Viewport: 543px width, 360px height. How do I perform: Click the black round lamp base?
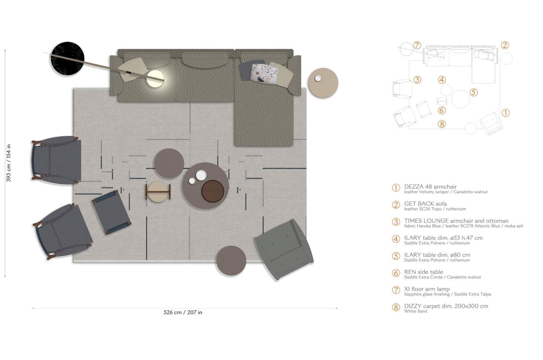[67, 59]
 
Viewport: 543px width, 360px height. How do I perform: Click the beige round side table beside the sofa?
[323, 83]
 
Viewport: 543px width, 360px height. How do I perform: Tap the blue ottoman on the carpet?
[111, 212]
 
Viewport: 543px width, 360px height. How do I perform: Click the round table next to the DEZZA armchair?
[231, 261]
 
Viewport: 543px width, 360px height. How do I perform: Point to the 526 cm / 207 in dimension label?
[183, 312]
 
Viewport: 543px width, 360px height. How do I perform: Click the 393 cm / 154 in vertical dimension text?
[9, 163]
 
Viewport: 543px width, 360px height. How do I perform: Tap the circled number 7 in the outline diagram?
[417, 46]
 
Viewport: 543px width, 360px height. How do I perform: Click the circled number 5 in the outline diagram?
[473, 92]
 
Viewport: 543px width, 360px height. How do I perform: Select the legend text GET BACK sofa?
[425, 204]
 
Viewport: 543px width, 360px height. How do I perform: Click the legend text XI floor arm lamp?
[427, 289]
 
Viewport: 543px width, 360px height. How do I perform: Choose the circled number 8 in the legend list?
[396, 308]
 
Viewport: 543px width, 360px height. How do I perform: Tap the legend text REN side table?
[424, 272]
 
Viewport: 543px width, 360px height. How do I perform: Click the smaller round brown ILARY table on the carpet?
[169, 163]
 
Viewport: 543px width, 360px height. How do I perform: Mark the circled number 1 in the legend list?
[396, 188]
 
